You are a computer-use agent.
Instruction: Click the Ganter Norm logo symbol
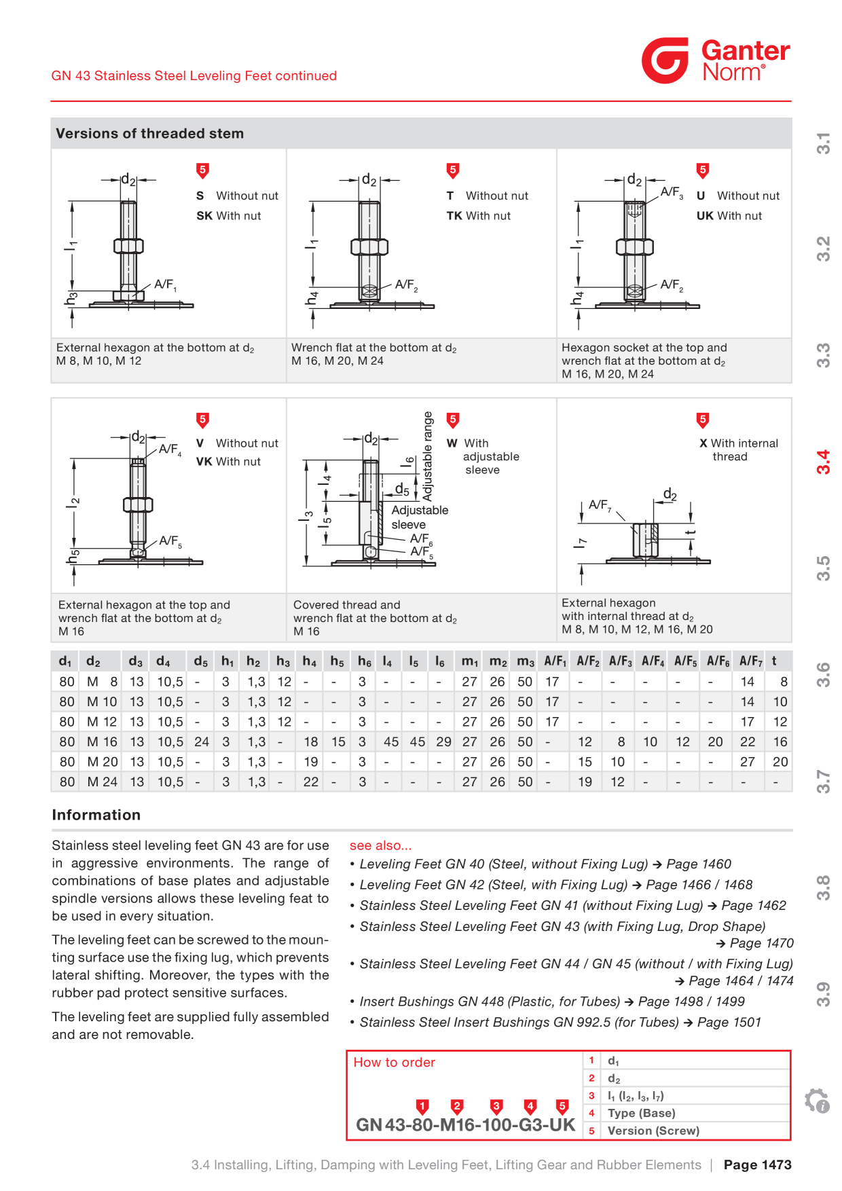point(665,60)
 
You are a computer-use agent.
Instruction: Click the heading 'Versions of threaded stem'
point(149,134)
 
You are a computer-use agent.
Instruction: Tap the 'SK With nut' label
point(229,216)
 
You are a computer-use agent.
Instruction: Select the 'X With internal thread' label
point(739,450)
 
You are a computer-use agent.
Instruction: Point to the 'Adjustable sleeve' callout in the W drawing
point(420,517)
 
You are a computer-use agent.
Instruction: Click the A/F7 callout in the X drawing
point(600,506)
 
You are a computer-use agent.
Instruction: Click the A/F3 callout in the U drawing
point(672,193)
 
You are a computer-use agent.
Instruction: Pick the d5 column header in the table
point(201,661)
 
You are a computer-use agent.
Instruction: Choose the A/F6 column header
point(718,661)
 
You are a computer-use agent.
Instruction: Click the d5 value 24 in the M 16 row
point(202,742)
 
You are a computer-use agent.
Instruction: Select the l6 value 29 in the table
point(443,742)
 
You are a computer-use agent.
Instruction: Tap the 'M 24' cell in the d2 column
point(103,782)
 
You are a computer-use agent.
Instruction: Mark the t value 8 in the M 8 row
point(784,682)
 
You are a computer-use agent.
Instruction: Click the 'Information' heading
point(96,815)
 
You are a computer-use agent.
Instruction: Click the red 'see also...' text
point(380,845)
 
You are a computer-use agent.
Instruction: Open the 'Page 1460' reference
point(699,864)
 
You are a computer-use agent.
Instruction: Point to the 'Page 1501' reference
point(729,1022)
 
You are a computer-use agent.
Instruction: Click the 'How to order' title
point(394,1063)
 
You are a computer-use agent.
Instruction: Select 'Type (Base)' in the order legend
point(642,1113)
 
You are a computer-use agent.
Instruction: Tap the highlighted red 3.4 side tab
point(823,462)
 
